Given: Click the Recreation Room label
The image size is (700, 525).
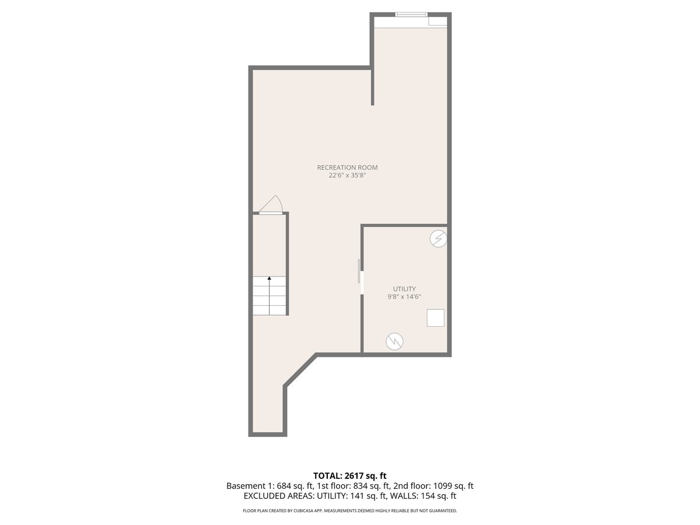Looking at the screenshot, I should pyautogui.click(x=347, y=167).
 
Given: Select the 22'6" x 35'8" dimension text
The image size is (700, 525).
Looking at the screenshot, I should pyautogui.click(x=347, y=175).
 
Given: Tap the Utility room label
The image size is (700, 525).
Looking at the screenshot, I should pyautogui.click(x=404, y=289).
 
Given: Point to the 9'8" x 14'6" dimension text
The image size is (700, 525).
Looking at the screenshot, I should pyautogui.click(x=404, y=297).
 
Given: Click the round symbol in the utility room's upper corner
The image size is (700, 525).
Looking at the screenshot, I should pyautogui.click(x=438, y=238).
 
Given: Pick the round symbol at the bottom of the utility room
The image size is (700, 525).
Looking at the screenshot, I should pyautogui.click(x=395, y=341).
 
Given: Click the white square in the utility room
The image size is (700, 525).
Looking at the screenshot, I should pyautogui.click(x=435, y=318).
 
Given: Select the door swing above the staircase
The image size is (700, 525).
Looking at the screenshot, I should pyautogui.click(x=272, y=205).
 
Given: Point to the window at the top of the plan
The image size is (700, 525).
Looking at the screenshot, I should pyautogui.click(x=411, y=15).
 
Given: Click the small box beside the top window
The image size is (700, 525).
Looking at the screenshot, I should pyautogui.click(x=437, y=21).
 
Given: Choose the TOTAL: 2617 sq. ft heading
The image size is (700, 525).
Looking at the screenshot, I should pyautogui.click(x=349, y=476).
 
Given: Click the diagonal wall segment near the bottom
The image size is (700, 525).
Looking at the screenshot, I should pyautogui.click(x=300, y=369).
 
